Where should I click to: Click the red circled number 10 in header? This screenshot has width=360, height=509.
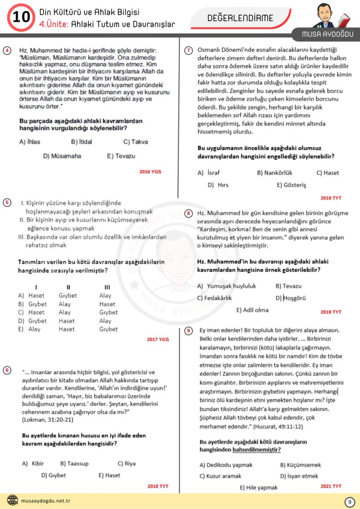[20, 17]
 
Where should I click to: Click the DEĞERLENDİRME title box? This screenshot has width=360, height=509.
[246, 18]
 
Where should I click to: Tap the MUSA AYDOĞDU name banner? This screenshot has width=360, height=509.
[328, 34]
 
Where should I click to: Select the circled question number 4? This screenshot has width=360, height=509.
[7, 50]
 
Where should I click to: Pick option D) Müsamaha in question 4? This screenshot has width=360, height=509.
[62, 156]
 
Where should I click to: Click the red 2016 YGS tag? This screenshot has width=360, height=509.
[150, 172]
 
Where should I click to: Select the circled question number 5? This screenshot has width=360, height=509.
[7, 203]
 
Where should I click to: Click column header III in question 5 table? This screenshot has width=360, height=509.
[107, 287]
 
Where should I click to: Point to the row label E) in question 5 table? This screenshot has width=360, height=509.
[20, 329]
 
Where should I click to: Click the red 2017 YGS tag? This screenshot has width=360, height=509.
[158, 339]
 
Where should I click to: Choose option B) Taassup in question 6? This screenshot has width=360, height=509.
[74, 463]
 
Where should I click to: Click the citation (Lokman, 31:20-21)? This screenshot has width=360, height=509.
[47, 420]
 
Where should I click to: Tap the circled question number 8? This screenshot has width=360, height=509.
[189, 213]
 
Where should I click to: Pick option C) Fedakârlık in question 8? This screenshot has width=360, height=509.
[214, 298]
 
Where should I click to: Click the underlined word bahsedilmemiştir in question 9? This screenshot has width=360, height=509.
[257, 449]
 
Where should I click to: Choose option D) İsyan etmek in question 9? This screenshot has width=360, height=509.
[299, 476]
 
